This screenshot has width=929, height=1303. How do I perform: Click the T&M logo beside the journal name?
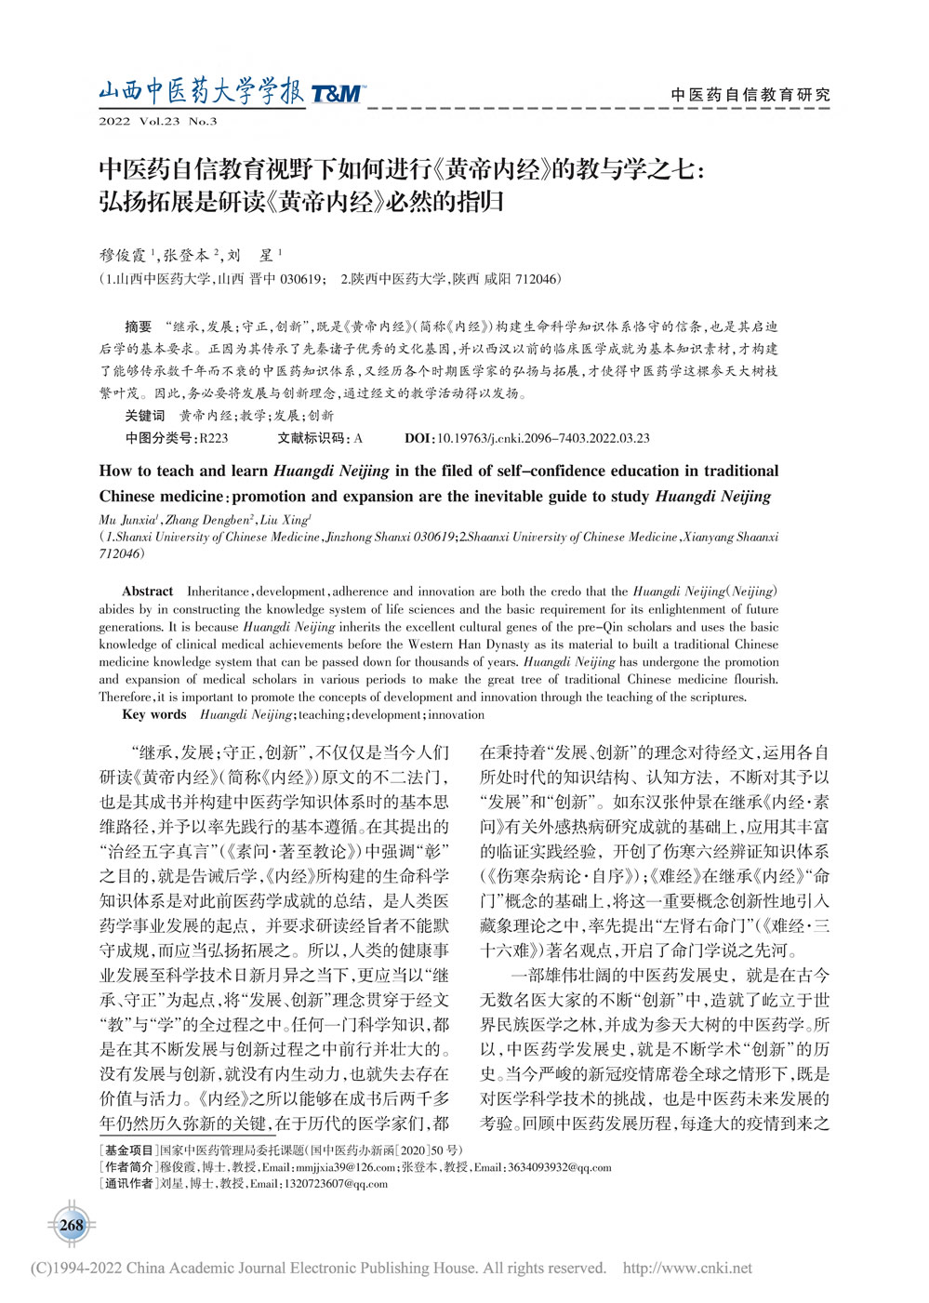click(337, 93)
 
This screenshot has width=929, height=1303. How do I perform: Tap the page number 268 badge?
click(72, 1225)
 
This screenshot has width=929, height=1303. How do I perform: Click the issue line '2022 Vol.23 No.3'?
click(157, 122)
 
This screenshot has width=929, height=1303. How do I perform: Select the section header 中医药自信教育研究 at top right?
click(750, 95)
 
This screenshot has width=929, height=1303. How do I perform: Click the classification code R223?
click(213, 438)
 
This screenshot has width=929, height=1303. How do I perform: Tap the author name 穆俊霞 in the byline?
click(123, 255)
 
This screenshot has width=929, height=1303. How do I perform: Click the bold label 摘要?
click(138, 327)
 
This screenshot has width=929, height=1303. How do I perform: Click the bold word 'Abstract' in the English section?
click(147, 592)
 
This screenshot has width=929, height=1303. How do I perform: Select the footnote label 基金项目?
click(129, 1150)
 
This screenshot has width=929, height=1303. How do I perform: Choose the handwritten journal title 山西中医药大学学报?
click(201, 92)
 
